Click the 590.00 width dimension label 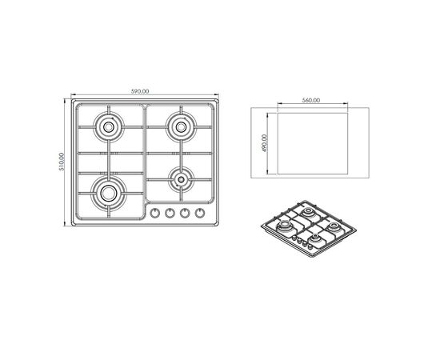(140, 91)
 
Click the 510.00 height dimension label (62, 162)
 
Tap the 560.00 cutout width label (311, 100)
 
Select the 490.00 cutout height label (265, 143)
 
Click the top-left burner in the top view (108, 127)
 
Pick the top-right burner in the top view (181, 127)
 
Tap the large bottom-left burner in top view (109, 193)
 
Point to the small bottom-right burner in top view (182, 179)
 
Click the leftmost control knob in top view (154, 214)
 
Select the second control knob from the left (170, 214)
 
